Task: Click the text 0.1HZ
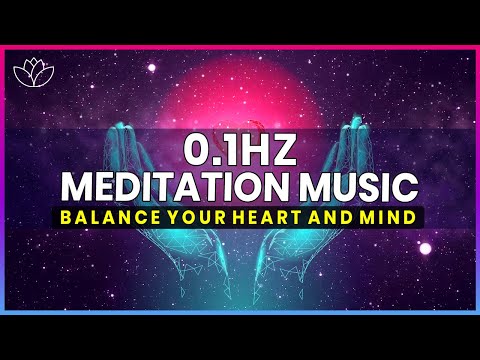(240, 150)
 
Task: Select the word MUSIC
(352, 187)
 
